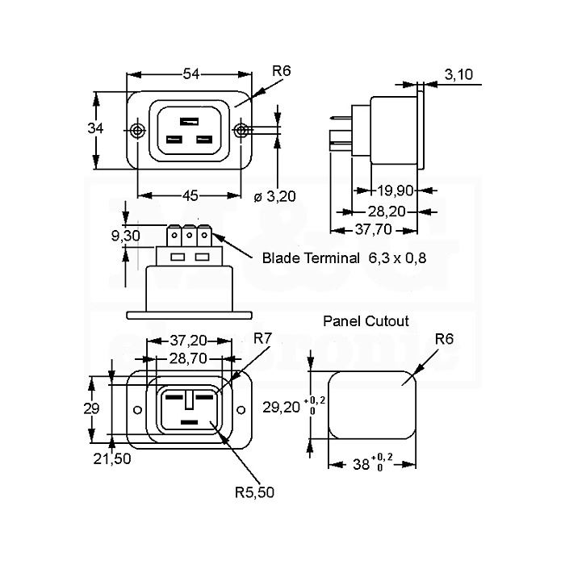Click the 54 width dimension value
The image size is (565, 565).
[191, 74]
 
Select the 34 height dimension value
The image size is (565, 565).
[95, 128]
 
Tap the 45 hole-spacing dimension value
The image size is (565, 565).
[190, 195]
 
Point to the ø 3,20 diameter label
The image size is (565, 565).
[275, 196]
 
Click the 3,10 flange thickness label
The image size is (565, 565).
[458, 74]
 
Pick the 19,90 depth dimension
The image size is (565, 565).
[395, 190]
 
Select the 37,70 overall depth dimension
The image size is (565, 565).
[373, 229]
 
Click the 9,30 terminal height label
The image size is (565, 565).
[125, 236]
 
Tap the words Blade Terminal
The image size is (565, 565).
[311, 258]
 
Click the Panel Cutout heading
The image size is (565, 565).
[366, 321]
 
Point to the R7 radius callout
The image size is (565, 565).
[262, 339]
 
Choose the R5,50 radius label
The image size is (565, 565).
[254, 492]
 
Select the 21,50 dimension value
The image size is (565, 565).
[112, 459]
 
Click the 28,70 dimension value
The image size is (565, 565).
[188, 358]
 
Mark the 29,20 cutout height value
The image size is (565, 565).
[282, 407]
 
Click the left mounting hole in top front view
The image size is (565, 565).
[137, 131]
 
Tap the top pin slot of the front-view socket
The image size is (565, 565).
[189, 121]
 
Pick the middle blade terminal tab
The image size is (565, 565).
[188, 236]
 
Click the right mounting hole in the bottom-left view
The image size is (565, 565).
[241, 410]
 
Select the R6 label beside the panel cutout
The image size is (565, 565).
[444, 339]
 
